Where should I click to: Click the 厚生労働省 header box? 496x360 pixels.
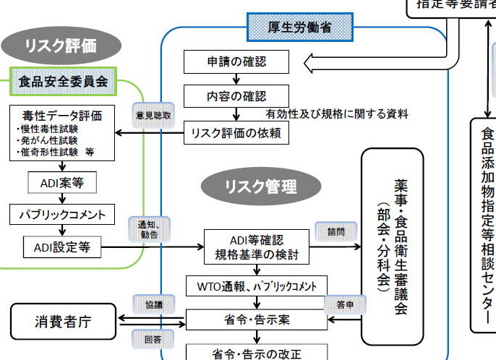click(299, 28)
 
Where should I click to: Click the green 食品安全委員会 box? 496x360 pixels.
click(63, 81)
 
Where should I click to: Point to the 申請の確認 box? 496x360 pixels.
click(236, 62)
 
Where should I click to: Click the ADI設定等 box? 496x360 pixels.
click(61, 247)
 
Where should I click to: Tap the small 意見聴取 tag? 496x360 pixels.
click(153, 114)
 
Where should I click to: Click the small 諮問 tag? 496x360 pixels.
click(335, 232)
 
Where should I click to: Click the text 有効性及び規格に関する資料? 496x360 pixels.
click(337, 113)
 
